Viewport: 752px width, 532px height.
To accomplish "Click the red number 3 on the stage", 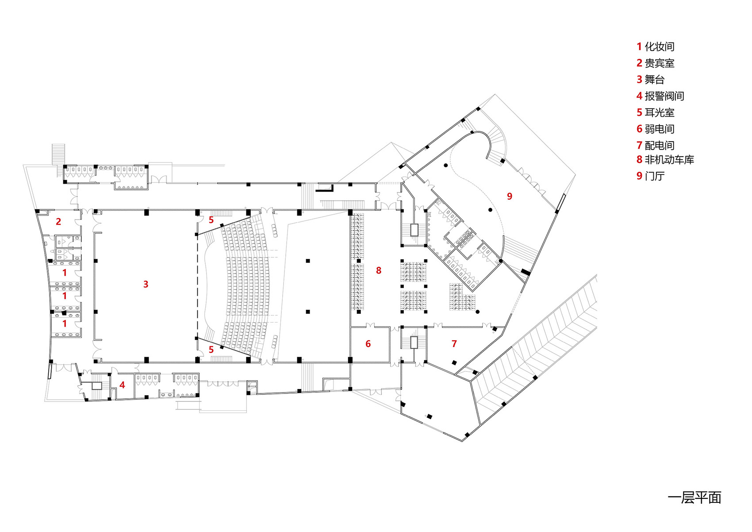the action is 146,285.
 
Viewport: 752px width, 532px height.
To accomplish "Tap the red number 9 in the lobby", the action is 510,197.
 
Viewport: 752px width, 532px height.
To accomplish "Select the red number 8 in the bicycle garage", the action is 379,270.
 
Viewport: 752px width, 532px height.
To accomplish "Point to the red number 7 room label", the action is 454,343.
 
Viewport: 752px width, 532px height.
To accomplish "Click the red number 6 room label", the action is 368,343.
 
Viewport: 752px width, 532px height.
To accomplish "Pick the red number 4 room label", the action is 122,385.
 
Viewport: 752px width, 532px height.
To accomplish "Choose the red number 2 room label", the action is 58,222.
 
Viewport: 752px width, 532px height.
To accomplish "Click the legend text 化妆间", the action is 660,46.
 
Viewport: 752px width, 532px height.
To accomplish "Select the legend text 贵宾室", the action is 660,63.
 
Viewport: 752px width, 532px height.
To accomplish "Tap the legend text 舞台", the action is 655,80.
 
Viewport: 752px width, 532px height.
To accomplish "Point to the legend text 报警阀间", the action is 664,96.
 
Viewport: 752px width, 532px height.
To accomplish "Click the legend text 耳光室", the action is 660,112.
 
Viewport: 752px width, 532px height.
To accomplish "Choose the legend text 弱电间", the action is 660,129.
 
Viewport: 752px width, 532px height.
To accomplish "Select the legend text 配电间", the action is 660,146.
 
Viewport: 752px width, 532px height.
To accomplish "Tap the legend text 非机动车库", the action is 669,159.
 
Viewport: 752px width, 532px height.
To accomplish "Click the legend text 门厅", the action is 655,176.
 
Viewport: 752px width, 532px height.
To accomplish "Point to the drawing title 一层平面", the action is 694,498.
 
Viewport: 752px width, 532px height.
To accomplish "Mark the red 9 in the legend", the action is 640,176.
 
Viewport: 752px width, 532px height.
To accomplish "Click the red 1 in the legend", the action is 640,46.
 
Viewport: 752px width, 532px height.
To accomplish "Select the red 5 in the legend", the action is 640,112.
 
